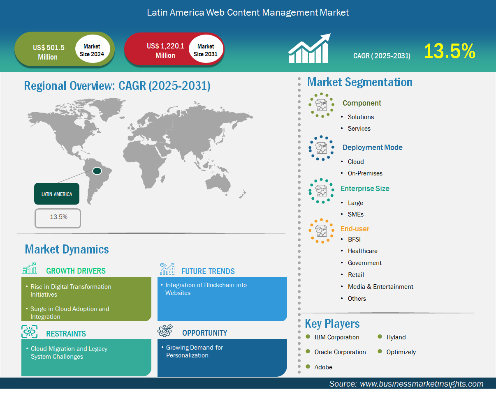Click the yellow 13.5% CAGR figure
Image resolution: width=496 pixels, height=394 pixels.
450,51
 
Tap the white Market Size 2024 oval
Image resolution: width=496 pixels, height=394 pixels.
93,49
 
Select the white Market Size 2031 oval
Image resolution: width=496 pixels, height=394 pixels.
206,49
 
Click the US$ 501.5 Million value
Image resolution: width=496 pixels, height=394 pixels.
49,52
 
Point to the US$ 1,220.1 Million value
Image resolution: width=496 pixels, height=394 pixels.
165,51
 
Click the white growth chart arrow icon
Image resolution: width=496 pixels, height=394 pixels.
309,48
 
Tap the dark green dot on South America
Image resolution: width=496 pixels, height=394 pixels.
97,171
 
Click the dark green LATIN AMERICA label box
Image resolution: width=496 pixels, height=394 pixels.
57,194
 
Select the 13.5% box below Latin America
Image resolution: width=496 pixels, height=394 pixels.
58,218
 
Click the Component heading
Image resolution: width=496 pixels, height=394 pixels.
362,103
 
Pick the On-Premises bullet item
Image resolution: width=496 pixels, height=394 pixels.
365,173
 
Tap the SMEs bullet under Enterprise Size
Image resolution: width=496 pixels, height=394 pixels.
355,214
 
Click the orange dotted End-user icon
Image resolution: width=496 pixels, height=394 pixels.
321,231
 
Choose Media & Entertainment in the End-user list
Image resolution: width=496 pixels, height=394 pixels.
380,287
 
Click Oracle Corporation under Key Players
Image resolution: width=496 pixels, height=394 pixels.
340,352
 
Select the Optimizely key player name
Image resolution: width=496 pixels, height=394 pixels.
401,352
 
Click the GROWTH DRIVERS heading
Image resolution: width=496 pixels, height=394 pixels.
76,271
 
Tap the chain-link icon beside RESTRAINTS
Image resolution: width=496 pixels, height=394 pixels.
29,332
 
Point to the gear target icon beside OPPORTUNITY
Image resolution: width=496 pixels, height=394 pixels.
165,331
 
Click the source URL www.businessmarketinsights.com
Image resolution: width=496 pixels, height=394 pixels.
422,384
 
